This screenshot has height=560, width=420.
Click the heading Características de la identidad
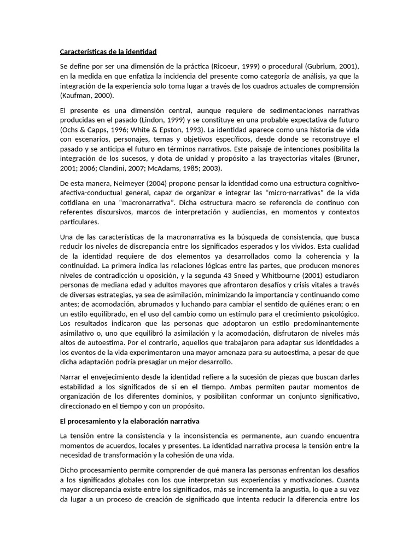click(x=108, y=52)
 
